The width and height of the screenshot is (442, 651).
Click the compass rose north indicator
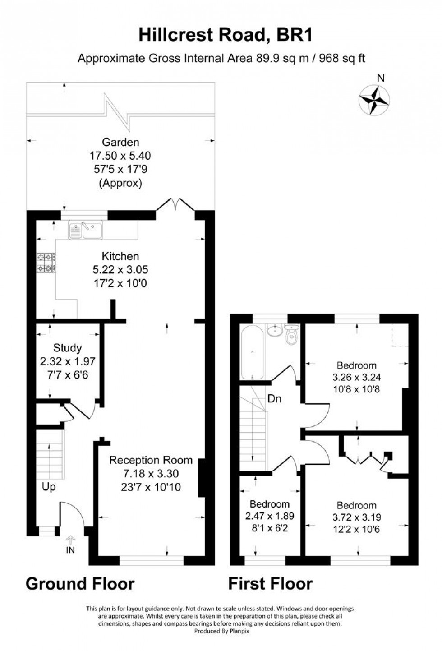coord(374,99)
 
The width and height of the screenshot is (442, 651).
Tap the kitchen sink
coord(86,230)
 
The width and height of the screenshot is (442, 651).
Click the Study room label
coord(68,348)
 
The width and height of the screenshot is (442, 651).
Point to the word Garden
coord(120,143)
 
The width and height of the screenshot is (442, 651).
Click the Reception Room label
coord(151,461)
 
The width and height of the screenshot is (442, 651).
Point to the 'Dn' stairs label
coord(275,399)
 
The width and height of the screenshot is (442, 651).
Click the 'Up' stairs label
coord(49,487)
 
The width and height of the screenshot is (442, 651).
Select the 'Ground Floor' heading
coord(80,584)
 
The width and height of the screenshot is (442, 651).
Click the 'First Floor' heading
coord(271,584)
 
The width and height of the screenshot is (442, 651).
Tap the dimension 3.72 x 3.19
coord(356,517)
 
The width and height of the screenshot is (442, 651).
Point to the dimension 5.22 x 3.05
coord(120,270)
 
